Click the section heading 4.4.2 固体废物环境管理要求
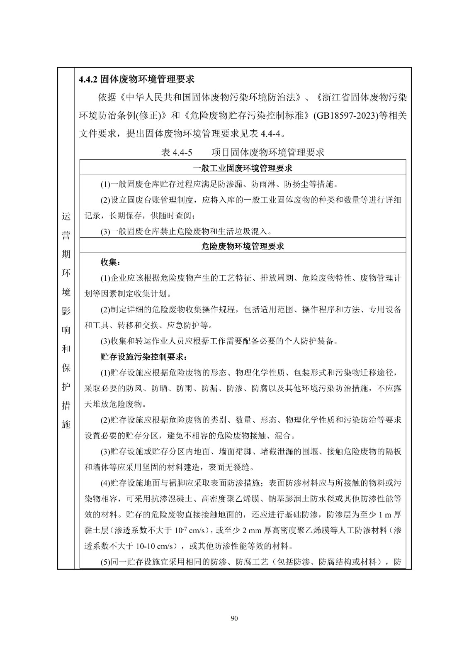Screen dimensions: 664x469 coord(137,79)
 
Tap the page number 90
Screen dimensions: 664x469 coord(234,618)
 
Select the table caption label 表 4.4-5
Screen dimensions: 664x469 coord(177,152)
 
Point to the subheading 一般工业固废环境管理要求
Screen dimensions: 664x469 coord(243,168)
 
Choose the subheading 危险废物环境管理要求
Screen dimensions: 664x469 coord(243,246)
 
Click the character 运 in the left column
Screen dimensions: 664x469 coord(66,217)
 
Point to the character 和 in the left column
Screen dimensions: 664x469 coord(66,349)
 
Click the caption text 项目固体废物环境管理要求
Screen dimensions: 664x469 coord(267,152)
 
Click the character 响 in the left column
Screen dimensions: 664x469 coord(66,330)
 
